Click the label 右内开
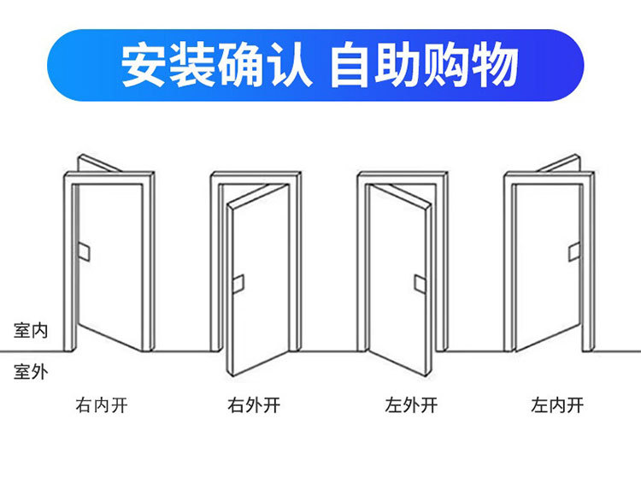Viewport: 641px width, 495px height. click(102, 405)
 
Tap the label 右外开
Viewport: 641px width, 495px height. click(254, 405)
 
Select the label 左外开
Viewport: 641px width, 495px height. click(411, 405)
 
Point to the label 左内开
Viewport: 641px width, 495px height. click(557, 405)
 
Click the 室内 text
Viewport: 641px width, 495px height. click(31, 331)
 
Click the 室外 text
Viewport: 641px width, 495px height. click(31, 371)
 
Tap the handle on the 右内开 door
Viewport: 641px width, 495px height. click(85, 251)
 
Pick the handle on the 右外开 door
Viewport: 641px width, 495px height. click(238, 284)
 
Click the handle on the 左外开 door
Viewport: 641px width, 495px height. click(420, 284)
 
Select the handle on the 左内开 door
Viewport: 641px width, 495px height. click(574, 251)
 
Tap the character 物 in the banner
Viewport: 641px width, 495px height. click(496, 65)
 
